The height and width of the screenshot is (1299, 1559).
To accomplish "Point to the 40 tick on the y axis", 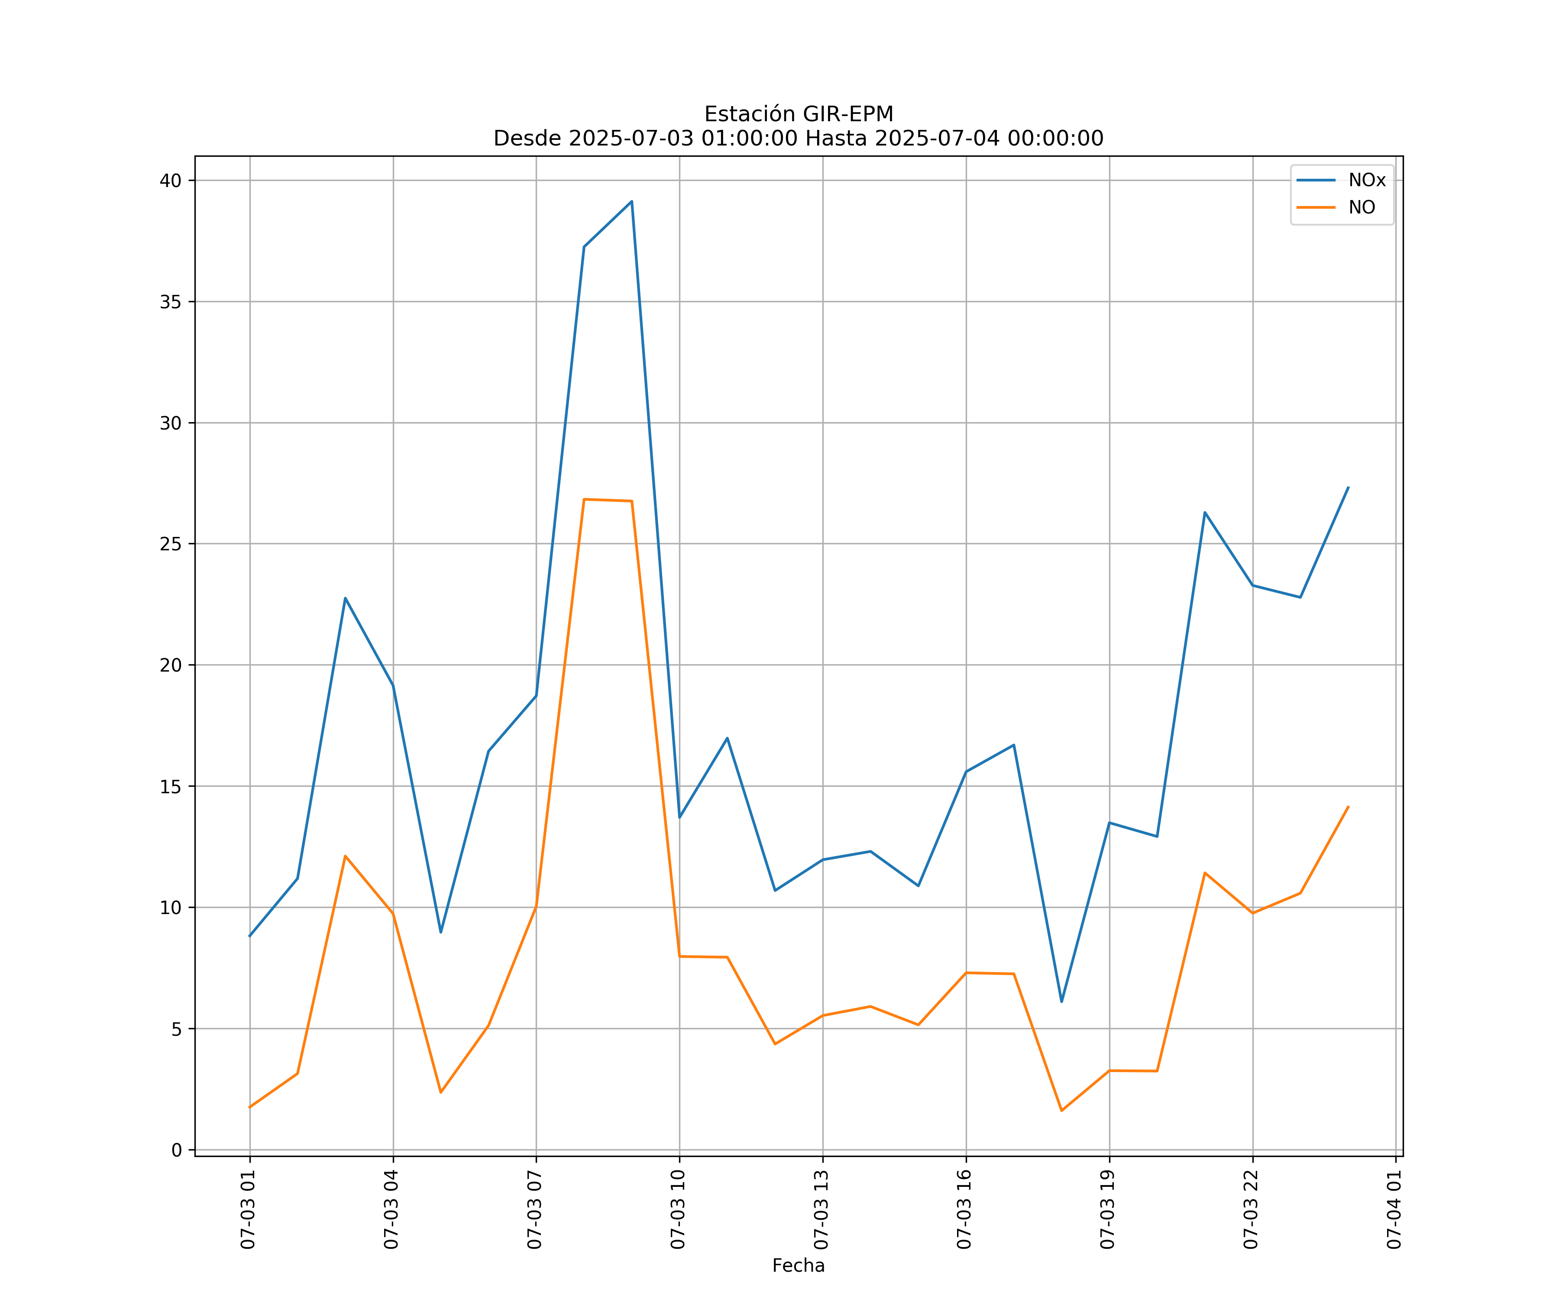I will click(x=171, y=181).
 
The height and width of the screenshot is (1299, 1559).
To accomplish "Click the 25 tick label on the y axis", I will click(x=171, y=544).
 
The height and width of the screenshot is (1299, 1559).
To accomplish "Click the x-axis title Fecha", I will click(x=798, y=1266).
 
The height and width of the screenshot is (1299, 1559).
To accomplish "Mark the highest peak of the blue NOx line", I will click(x=632, y=201).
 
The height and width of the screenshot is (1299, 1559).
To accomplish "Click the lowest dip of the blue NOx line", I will click(x=1061, y=1002).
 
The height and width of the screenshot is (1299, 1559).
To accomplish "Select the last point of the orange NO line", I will click(x=1348, y=807).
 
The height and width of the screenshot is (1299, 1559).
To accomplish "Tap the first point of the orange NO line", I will click(x=249, y=1108).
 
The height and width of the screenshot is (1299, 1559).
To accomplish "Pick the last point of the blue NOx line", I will click(x=1348, y=488).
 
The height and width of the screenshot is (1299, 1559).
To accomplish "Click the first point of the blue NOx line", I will click(x=249, y=936).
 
